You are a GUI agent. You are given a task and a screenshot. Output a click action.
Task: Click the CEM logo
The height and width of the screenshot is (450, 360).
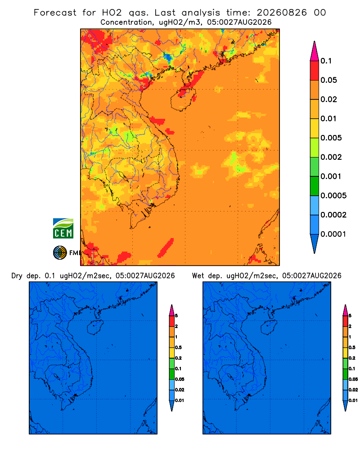click(x=63, y=229)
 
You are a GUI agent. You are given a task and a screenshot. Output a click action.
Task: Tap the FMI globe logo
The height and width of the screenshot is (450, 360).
click(x=60, y=253)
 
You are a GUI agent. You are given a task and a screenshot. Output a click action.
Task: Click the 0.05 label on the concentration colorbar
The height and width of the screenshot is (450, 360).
click(x=328, y=80)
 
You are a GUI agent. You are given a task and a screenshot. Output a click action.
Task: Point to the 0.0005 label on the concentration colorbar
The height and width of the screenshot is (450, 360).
click(x=333, y=196)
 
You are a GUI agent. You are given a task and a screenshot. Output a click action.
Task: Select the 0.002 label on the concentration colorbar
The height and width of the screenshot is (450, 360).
click(x=331, y=157)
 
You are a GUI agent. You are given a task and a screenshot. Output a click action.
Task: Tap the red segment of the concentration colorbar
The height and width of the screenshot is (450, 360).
click(x=315, y=71)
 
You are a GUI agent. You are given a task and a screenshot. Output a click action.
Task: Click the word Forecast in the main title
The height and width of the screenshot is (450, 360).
click(x=55, y=13)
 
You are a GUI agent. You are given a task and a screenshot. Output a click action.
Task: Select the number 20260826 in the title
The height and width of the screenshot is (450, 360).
click(x=282, y=13)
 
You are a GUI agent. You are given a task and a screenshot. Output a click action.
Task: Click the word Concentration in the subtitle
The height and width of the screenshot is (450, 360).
click(x=126, y=22)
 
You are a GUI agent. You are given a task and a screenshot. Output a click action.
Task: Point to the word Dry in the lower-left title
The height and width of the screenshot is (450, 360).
click(x=17, y=276)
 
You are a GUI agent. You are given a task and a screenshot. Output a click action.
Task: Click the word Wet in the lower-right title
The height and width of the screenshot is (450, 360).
click(x=198, y=276)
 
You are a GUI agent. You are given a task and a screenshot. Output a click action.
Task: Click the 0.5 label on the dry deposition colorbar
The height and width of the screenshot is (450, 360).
click(x=178, y=347)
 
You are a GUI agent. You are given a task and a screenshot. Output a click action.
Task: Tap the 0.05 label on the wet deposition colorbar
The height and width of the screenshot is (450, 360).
click(x=353, y=379)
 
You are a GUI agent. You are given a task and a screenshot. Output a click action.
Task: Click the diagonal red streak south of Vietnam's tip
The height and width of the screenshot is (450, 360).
click(x=166, y=247)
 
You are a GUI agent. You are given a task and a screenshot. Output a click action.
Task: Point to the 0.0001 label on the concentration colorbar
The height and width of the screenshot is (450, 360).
click(x=333, y=234)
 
